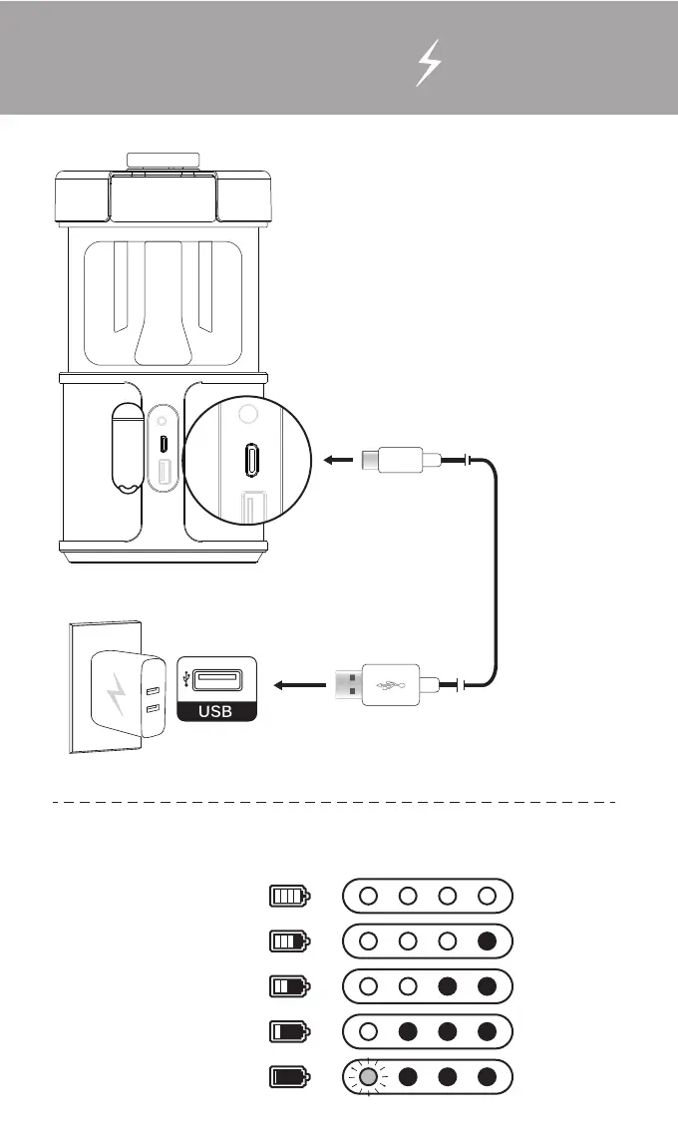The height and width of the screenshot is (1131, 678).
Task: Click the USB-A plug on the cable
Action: click(388, 684)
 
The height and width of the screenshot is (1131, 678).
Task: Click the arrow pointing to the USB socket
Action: click(300, 684)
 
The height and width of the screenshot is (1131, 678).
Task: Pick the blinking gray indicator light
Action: click(368, 1077)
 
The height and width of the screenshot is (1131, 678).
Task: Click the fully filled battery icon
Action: click(289, 1077)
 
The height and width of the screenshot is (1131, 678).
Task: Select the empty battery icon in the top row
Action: click(289, 896)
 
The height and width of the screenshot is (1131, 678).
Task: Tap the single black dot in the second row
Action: click(487, 941)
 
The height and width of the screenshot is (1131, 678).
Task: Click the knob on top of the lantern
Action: click(163, 160)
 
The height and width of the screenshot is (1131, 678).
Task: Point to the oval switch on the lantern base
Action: click(124, 450)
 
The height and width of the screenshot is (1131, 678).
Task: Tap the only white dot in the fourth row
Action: click(368, 1031)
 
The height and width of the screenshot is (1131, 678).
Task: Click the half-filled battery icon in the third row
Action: click(289, 986)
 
